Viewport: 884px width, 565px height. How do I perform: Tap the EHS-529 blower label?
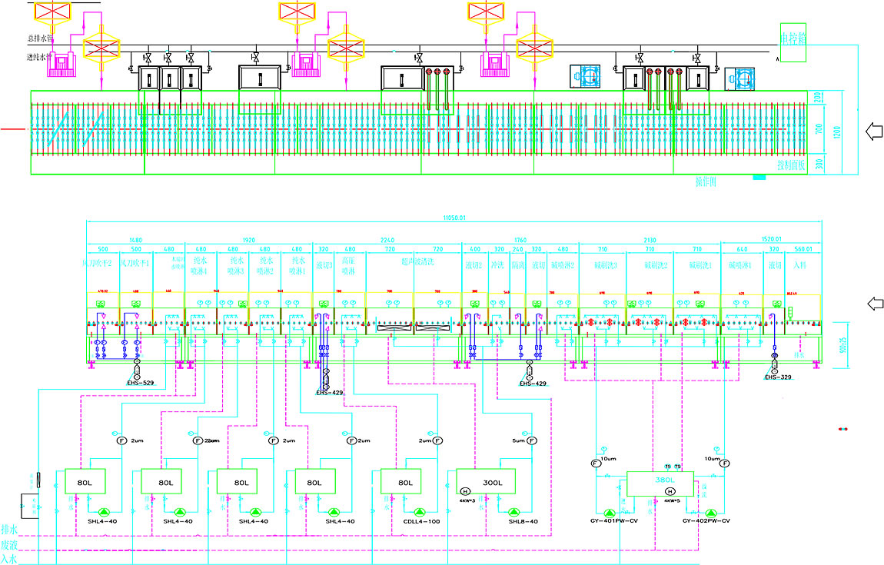[x=141, y=382]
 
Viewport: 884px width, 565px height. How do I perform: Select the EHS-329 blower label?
[x=778, y=377]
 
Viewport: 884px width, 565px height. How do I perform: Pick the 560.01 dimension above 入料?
[x=803, y=250]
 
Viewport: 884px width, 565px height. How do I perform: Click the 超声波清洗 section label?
[x=414, y=266]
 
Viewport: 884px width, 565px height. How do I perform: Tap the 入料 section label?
[x=802, y=265]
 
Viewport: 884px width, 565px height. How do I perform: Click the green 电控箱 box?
[x=793, y=38]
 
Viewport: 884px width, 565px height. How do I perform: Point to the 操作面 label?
[x=706, y=182]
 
